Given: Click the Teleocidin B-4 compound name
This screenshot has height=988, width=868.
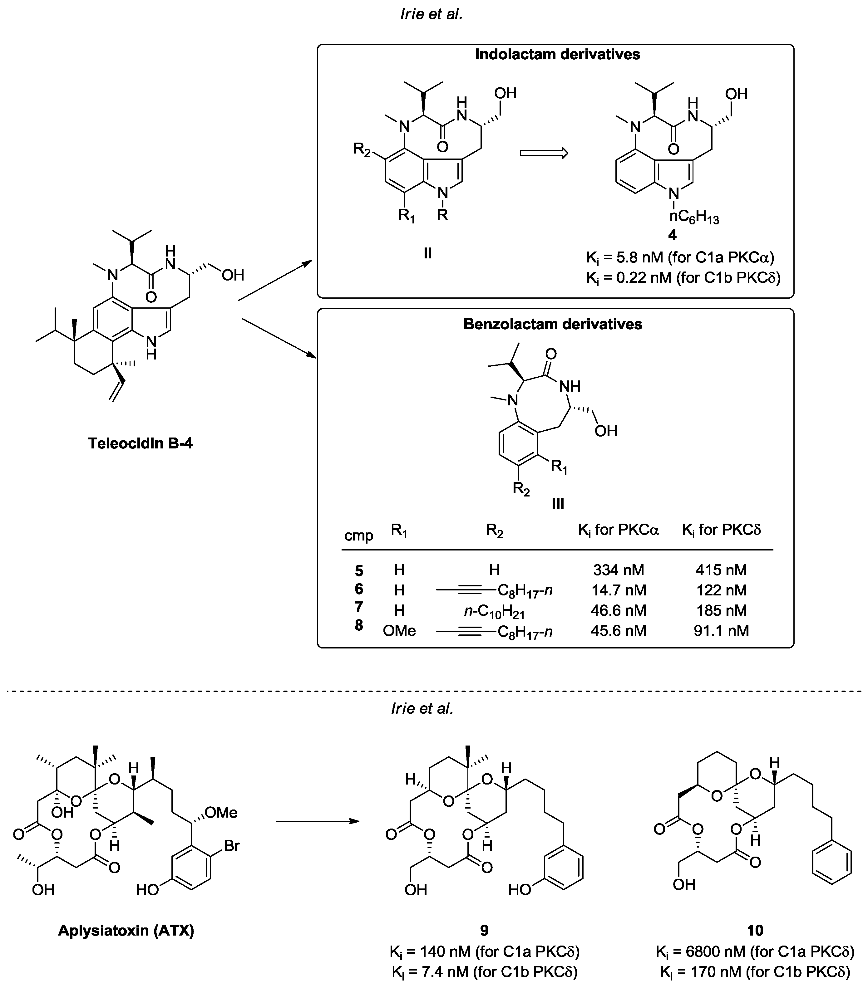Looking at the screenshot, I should (140, 443).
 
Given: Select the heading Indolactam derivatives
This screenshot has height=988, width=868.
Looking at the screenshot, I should (557, 54).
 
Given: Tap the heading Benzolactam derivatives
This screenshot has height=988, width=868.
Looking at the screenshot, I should (552, 324).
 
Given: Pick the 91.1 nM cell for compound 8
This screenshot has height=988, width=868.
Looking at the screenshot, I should (721, 631).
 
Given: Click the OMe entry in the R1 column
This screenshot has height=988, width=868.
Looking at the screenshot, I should (399, 631).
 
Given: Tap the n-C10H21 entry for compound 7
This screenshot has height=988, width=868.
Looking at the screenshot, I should (494, 611).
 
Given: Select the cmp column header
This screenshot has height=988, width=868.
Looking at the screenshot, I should (358, 536).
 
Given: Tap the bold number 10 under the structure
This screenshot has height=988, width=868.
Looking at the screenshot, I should (755, 930).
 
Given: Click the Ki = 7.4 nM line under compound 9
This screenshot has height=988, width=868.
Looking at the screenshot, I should (484, 971).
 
